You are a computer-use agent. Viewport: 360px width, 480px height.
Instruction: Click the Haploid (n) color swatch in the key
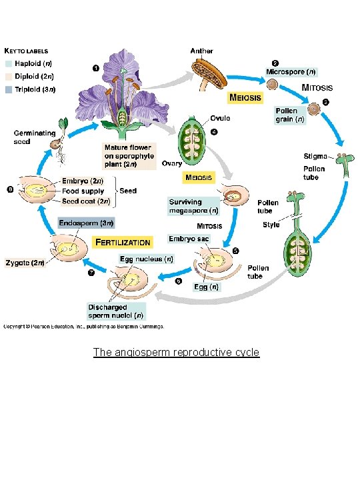pyautogui.click(x=9, y=64)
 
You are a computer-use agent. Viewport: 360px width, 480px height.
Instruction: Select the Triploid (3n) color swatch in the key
pyautogui.click(x=9, y=89)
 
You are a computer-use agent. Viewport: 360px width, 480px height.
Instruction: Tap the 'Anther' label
pyautogui.click(x=201, y=51)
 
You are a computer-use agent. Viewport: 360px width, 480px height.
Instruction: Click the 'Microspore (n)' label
pyautogui.click(x=291, y=71)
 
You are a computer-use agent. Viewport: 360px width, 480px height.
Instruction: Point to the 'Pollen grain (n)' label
pyautogui.click(x=290, y=115)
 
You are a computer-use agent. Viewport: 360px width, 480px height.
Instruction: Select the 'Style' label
pyautogui.click(x=271, y=225)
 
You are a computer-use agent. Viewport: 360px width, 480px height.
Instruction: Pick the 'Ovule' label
pyautogui.click(x=220, y=118)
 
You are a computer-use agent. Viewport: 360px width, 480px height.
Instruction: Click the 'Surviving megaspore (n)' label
pyautogui.click(x=194, y=206)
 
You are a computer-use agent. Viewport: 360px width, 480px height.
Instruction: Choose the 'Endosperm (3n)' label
pyautogui.click(x=87, y=223)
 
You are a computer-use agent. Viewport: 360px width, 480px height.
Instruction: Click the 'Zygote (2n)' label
pyautogui.click(x=24, y=263)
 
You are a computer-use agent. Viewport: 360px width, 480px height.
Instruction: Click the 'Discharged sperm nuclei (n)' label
pyautogui.click(x=115, y=311)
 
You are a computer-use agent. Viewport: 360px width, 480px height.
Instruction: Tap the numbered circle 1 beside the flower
pyautogui.click(x=95, y=67)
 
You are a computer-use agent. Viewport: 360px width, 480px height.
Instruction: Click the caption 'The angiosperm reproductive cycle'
pyautogui.click(x=176, y=352)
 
